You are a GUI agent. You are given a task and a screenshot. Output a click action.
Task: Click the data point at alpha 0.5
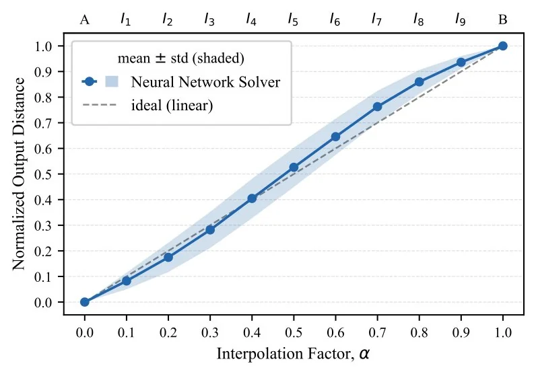(294, 167)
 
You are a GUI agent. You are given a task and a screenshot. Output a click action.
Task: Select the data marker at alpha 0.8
(419, 82)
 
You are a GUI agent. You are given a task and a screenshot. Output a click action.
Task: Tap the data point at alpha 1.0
(502, 46)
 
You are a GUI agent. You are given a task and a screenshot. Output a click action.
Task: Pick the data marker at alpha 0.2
(168, 257)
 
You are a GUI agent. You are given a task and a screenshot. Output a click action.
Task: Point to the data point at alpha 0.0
(85, 302)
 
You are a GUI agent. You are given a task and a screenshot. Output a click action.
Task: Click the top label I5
(293, 20)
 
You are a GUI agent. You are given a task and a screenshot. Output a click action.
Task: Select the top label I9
(460, 20)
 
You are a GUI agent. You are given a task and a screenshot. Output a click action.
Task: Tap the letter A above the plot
(85, 20)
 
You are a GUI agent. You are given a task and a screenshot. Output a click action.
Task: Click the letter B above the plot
(502, 20)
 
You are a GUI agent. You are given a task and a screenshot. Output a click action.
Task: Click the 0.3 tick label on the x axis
(210, 332)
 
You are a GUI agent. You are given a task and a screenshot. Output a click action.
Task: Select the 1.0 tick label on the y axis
(43, 46)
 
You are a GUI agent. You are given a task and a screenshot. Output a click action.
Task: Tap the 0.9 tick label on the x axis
(461, 332)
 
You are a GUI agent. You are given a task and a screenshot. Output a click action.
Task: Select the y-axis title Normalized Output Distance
(19, 174)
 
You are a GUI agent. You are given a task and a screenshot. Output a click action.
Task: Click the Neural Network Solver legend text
(205, 82)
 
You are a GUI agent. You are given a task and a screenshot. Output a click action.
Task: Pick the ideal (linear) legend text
(172, 105)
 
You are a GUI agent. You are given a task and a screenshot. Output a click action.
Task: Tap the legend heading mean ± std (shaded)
(181, 58)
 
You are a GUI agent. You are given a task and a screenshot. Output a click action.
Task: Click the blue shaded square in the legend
(112, 81)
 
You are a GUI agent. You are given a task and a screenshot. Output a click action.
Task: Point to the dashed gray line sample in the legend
(99, 105)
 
